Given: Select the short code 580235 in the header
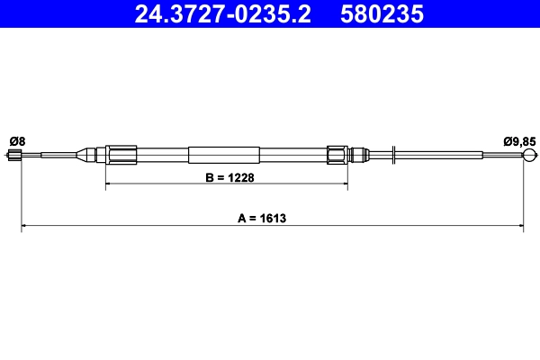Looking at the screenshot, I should pyautogui.click(x=380, y=14).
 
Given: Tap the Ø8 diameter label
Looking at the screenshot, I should pyautogui.click(x=17, y=140).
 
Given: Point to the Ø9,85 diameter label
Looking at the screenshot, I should pyautogui.click(x=518, y=140).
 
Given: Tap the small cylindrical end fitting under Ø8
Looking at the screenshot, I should pyautogui.click(x=15, y=157).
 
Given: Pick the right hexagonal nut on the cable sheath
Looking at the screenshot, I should pyautogui.click(x=337, y=155).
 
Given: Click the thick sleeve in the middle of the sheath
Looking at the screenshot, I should pyautogui.click(x=224, y=155).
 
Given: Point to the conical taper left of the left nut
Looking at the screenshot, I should pyautogui.click(x=93, y=155).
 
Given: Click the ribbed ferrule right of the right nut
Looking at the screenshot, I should pyautogui.click(x=359, y=155).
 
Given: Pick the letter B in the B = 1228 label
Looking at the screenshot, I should pyautogui.click(x=209, y=177).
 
